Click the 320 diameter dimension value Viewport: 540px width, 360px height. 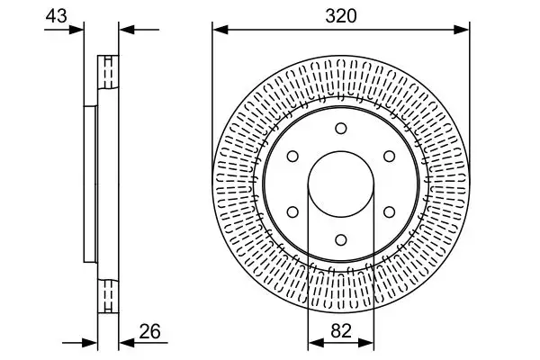340,15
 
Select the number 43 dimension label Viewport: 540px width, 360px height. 56,15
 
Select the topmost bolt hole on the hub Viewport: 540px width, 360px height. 340,129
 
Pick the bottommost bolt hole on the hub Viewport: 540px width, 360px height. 340,239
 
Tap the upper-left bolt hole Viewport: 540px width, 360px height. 292,157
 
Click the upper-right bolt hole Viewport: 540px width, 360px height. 388,157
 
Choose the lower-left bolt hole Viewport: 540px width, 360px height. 292,211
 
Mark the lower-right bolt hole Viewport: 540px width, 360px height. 388,211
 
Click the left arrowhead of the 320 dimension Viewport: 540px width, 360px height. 218,30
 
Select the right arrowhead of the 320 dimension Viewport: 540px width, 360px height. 463,30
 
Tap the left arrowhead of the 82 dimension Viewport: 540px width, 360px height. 314,343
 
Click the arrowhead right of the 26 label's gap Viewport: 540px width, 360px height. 125,343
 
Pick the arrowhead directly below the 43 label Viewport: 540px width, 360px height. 78,30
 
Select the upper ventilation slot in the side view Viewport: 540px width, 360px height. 107,71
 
